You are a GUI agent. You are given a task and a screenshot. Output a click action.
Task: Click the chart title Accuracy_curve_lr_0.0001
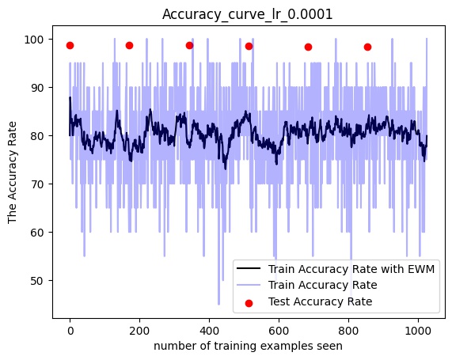point(247,14)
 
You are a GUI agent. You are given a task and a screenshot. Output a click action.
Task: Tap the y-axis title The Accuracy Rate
point(12,172)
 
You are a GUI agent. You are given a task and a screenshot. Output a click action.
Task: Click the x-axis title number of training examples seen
point(249,346)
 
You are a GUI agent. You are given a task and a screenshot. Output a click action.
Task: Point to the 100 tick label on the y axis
point(34,40)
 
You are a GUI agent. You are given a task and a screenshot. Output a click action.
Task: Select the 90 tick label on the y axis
point(37,88)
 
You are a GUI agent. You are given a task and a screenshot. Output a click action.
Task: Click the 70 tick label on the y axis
point(37,184)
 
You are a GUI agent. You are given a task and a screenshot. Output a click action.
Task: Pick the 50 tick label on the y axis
point(37,281)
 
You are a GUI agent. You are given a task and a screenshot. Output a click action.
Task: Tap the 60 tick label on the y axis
point(37,233)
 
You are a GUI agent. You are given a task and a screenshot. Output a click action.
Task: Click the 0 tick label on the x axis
point(70,331)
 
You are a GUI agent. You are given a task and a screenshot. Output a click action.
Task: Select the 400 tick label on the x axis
point(209,331)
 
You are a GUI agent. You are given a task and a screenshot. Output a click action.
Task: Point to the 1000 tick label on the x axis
point(418,331)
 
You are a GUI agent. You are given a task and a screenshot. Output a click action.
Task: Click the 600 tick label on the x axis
point(279,331)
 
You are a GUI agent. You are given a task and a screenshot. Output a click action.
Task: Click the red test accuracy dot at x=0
point(70,46)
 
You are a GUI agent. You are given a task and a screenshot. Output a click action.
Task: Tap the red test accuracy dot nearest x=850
point(367,47)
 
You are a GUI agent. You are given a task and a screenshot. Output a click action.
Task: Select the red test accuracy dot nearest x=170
point(130,46)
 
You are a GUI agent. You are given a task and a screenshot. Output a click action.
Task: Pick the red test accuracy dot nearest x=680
point(308,47)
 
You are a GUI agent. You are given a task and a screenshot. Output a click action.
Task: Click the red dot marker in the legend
point(249,303)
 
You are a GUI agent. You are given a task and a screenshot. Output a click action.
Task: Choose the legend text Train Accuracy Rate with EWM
point(351,269)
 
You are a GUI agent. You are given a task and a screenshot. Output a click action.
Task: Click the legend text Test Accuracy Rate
point(321,301)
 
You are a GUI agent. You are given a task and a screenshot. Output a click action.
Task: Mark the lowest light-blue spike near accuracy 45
point(218,304)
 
